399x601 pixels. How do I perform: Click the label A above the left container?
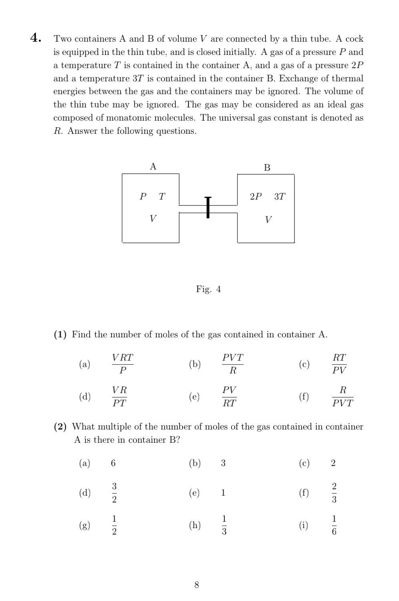153,167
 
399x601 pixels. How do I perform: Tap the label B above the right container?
267,167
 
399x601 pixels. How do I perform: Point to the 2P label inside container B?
256,196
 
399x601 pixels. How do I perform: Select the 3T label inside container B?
280,196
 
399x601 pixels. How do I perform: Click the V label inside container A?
153,218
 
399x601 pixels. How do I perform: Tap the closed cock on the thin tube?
208,208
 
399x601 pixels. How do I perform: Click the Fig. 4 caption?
208,289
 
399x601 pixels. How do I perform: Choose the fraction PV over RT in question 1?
230,396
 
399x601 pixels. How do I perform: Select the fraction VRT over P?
123,364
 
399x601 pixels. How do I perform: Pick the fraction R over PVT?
343,396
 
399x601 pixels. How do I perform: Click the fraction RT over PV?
339,364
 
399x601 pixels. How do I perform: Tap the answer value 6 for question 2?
113,463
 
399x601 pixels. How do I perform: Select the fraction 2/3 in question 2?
334,493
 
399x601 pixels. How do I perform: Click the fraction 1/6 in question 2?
334,525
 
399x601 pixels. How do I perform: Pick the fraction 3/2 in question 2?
114,493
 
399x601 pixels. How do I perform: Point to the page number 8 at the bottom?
197,585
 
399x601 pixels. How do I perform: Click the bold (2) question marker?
60,427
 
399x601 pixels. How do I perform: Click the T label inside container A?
162,196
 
